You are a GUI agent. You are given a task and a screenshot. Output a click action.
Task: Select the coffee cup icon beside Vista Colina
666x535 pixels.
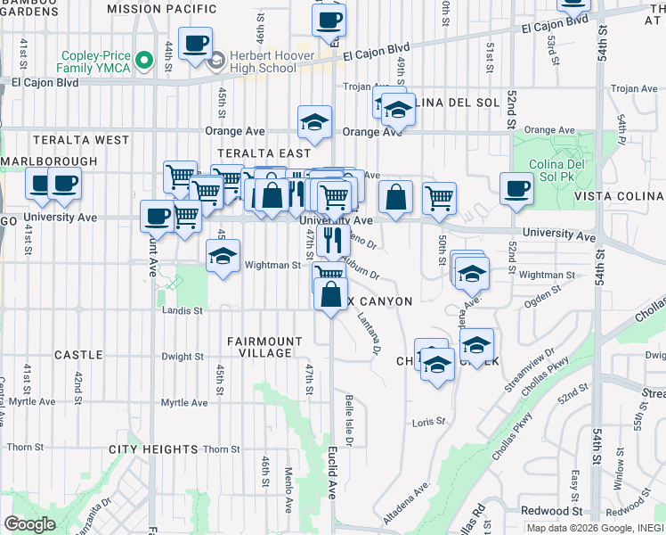[516, 189]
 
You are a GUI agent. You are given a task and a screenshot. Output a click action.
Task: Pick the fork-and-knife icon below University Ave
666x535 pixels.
[330, 239]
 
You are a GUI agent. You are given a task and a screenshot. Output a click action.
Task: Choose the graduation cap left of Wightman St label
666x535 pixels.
[223, 256]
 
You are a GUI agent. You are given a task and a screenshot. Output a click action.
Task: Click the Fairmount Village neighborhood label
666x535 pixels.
[259, 347]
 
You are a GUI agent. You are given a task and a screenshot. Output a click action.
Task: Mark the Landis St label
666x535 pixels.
[183, 311]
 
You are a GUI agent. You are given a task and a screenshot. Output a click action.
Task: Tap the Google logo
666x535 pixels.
[29, 523]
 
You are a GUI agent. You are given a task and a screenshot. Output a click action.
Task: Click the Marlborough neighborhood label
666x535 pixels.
[49, 161]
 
